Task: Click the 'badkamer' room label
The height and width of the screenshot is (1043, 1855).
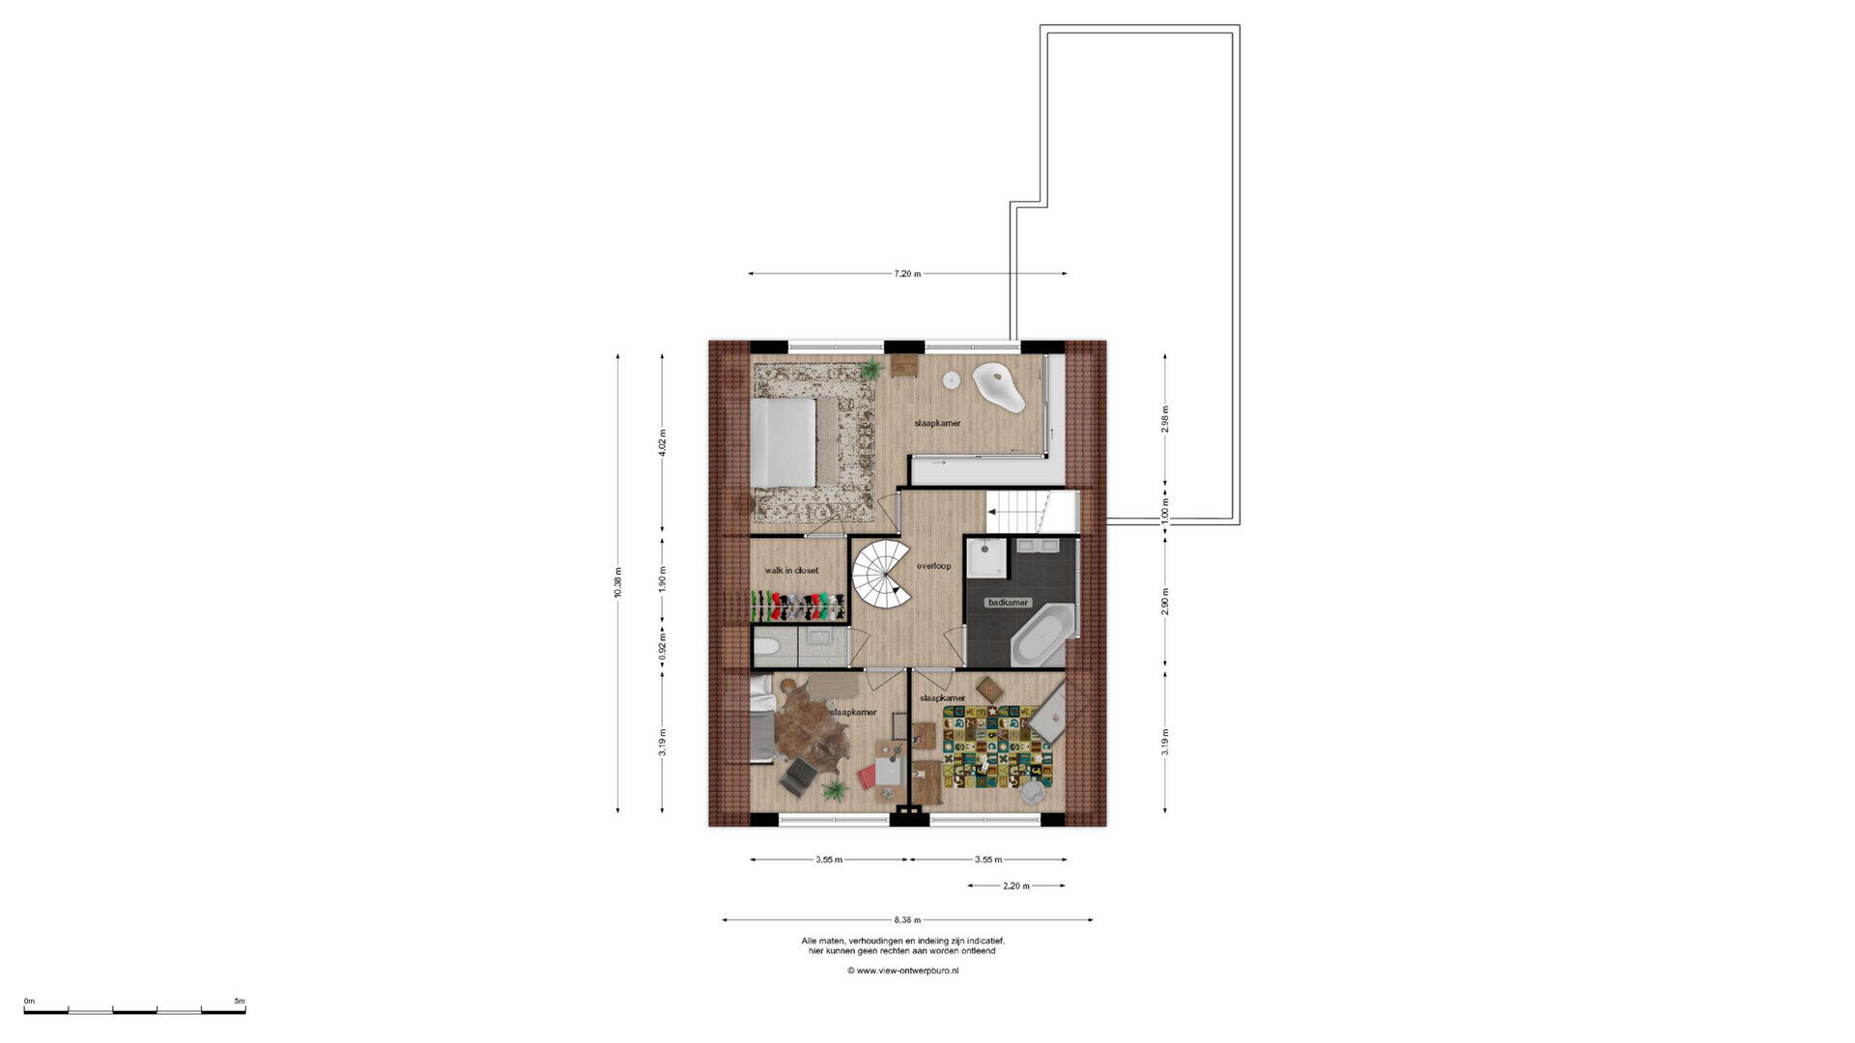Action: [1008, 603]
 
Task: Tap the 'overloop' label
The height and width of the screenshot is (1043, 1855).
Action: [934, 566]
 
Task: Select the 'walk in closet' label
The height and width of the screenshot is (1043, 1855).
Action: [791, 571]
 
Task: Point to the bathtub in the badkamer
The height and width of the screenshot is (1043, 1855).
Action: [1044, 634]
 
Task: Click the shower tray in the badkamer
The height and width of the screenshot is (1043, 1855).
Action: [986, 557]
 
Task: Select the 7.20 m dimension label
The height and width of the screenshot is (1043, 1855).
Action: [907, 274]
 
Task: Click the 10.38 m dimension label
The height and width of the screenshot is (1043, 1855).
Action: [618, 582]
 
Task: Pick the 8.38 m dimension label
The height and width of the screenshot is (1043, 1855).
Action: [907, 920]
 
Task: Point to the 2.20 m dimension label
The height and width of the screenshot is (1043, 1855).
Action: [1016, 886]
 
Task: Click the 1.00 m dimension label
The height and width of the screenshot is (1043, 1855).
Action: [1165, 510]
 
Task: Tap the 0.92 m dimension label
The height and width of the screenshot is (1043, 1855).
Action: [662, 644]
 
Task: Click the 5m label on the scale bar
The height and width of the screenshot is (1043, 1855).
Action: [240, 1001]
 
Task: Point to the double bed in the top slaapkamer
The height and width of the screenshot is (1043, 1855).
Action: [785, 443]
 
